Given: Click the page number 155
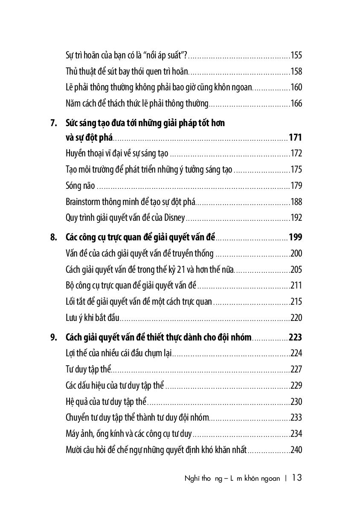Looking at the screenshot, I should (x=296, y=55).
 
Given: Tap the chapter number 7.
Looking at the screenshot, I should (x=53, y=124).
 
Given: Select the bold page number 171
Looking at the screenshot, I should (x=295, y=138).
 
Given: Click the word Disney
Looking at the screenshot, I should (x=175, y=218).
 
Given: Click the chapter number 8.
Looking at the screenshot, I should (x=53, y=237).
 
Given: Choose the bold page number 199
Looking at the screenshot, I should (x=295, y=237).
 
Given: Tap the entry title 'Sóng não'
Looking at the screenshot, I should (x=80, y=186).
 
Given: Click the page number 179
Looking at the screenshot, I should (x=296, y=186).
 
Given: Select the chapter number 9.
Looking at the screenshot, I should (x=53, y=338).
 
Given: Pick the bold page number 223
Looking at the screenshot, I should (x=295, y=338).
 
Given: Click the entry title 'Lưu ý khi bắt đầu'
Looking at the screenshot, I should (x=92, y=318).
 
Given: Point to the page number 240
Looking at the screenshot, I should (x=296, y=450).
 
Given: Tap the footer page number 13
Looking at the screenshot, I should (x=297, y=478).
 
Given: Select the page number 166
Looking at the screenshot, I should (x=296, y=104).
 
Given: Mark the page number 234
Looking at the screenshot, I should (x=296, y=434).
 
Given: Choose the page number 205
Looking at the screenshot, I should (x=296, y=270).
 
